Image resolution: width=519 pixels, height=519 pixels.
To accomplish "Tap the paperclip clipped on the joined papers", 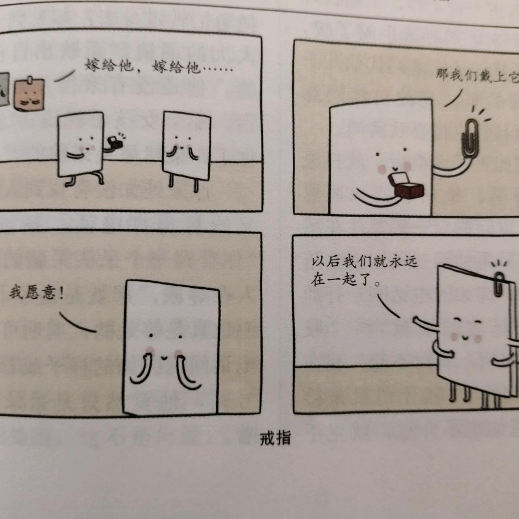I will pos(500,284).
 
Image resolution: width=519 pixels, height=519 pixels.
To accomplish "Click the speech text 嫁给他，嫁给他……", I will pos(159,67).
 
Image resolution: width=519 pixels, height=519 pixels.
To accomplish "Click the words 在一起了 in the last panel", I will pos(341,280).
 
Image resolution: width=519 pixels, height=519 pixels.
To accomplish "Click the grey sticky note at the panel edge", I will pos(4,89).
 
